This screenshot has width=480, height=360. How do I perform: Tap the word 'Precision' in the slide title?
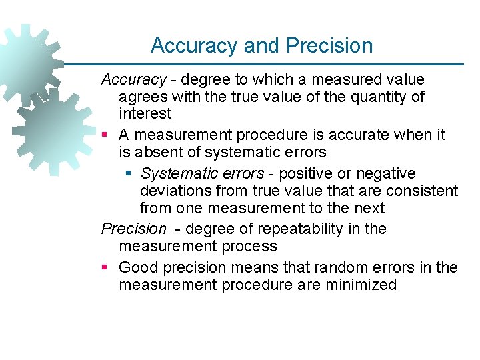click(329, 46)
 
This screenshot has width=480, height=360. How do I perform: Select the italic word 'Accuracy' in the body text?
click(133, 79)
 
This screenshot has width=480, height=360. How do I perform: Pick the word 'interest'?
click(145, 114)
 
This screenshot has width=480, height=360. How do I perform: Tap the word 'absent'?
click(158, 153)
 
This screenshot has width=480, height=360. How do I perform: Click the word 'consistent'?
click(423, 191)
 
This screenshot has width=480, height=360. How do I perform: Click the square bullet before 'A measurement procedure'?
click(105, 135)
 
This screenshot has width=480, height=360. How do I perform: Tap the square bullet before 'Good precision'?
click(105, 268)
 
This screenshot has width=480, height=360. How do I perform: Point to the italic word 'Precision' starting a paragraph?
click(133, 229)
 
